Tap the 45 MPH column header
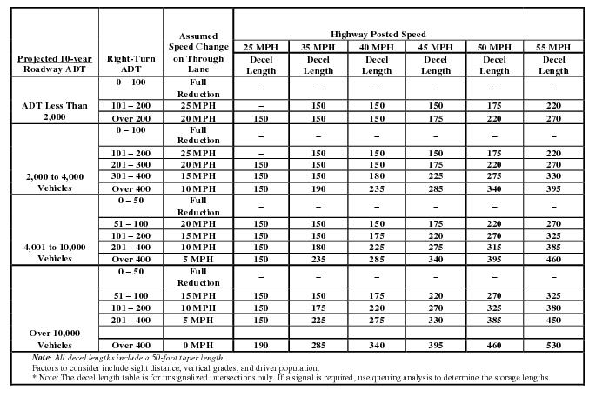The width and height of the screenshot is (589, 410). (435, 46)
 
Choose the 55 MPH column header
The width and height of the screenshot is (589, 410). (553, 46)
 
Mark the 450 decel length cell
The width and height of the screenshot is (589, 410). (553, 320)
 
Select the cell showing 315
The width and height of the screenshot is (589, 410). (494, 246)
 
